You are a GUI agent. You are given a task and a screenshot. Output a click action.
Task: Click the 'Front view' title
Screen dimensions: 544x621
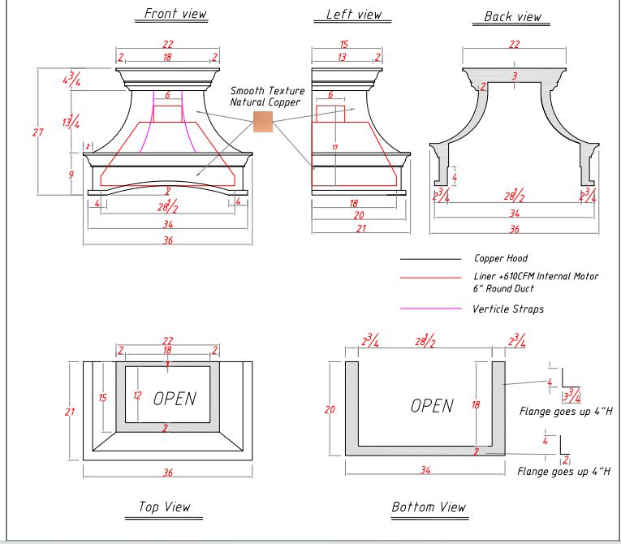[175, 14]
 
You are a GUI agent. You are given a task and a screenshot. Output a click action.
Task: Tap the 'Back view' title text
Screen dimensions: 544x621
[512, 16]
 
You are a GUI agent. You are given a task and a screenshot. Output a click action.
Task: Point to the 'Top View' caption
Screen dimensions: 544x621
[164, 507]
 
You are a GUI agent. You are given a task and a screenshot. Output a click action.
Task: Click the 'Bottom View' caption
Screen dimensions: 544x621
[429, 507]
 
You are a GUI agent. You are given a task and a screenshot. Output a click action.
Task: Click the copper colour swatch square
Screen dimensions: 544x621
[263, 122]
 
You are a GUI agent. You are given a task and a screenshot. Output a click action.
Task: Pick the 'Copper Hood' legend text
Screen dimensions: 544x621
[501, 259]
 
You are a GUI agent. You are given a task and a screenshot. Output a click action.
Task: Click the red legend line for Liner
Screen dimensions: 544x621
[430, 277]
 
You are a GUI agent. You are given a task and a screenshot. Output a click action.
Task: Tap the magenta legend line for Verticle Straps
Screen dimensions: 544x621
[430, 309]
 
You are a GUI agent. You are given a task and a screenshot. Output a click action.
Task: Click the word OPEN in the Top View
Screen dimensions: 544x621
[175, 398]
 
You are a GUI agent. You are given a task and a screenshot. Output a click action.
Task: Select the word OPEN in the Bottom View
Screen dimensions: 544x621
[432, 405]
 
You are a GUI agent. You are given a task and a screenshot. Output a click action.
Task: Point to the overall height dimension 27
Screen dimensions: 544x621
[37, 132]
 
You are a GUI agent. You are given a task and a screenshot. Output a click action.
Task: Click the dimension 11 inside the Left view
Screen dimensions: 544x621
[334, 147]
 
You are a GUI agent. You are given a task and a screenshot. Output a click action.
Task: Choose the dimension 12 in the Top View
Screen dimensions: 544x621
[137, 396]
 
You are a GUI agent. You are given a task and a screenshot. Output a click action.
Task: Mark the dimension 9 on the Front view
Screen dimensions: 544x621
[71, 175]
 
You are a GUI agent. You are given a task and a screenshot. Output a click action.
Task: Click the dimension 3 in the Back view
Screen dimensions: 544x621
[514, 76]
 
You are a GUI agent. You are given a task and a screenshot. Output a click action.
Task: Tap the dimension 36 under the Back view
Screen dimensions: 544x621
[514, 229]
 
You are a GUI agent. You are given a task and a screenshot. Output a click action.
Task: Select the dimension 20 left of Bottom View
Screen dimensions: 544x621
[330, 410]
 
